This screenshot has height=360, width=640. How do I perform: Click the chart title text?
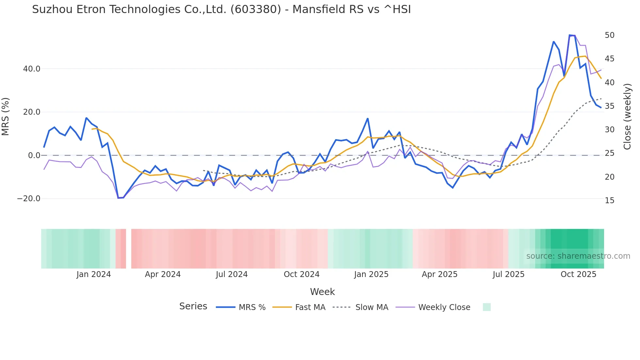pyautogui.click(x=221, y=9)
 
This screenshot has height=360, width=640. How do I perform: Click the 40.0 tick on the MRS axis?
pyautogui.click(x=32, y=69)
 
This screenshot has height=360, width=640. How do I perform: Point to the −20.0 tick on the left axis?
pyautogui.click(x=29, y=199)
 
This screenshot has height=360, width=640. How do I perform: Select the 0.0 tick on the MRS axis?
pyautogui.click(x=34, y=155)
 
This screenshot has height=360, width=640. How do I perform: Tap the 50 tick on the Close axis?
pyautogui.click(x=610, y=35)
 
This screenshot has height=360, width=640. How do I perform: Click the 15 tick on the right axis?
pyautogui.click(x=610, y=201)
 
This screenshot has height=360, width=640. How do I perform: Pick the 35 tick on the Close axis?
pyautogui.click(x=610, y=106)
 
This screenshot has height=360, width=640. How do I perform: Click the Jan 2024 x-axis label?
pyautogui.click(x=94, y=274)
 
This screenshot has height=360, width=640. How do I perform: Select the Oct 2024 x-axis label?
pyautogui.click(x=301, y=274)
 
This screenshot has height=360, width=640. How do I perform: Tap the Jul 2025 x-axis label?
pyautogui.click(x=508, y=274)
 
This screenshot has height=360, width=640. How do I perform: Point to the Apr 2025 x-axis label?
pyautogui.click(x=440, y=274)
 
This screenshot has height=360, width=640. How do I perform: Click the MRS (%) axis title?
pyautogui.click(x=6, y=117)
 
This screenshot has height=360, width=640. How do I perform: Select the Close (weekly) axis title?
pyautogui.click(x=627, y=117)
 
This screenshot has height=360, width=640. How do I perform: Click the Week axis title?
pyautogui.click(x=322, y=292)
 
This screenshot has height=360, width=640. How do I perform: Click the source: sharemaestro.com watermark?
pyautogui.click(x=578, y=256)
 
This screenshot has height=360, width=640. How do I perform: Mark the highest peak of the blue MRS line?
pyautogui.click(x=570, y=35)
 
